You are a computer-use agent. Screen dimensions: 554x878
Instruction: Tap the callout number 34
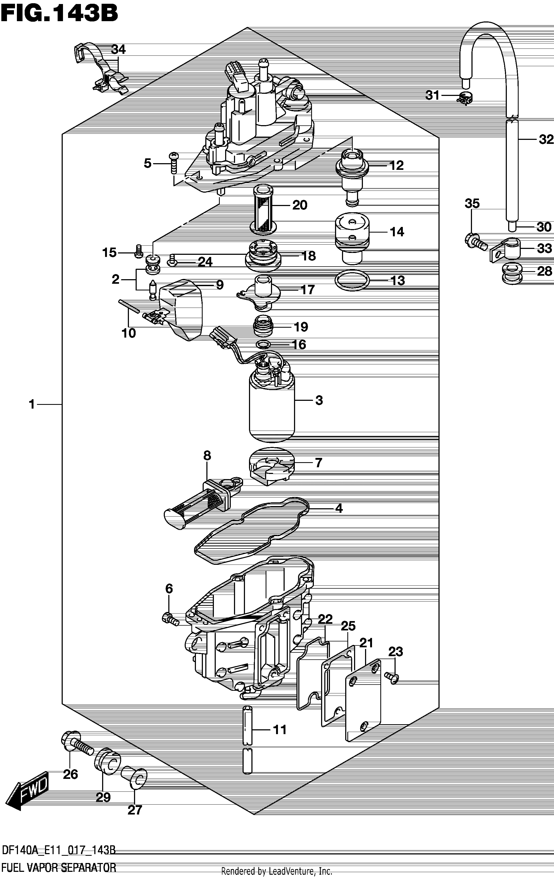coord(118,49)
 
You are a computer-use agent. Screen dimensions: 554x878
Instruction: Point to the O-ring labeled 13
coord(352,281)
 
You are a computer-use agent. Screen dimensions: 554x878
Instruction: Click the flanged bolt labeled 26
coord(78,744)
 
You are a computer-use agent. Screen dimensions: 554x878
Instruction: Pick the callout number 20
coord(300,205)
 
